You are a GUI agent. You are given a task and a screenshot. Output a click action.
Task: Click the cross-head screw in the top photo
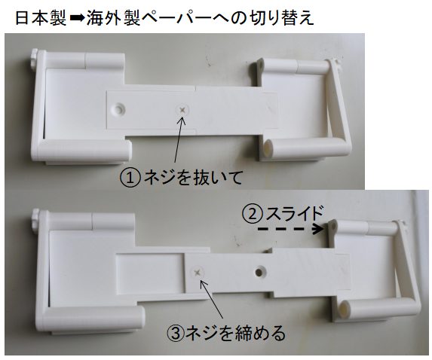tap(182, 110)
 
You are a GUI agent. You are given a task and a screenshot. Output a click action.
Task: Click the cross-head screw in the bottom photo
tap(198, 273)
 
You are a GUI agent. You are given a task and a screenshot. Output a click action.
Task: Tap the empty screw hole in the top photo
tap(118, 109)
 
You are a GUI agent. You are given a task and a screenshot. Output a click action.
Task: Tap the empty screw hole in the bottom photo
tap(259, 273)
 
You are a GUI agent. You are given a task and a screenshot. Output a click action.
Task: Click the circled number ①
tap(130, 178)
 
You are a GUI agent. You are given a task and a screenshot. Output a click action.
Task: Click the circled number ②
tap(253, 215)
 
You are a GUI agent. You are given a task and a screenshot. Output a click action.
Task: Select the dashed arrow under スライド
tap(291, 229)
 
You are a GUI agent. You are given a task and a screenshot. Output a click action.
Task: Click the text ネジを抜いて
tap(193, 177)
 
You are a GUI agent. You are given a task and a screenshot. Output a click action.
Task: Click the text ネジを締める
tap(235, 333)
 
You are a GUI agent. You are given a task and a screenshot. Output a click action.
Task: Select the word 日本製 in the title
tap(41, 17)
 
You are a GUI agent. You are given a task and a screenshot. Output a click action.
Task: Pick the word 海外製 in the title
tap(114, 17)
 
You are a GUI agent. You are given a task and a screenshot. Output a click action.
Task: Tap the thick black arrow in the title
tap(77, 18)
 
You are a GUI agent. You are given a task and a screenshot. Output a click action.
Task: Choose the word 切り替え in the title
tap(281, 17)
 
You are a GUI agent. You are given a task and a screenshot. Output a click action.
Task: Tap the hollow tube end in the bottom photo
tap(345, 309)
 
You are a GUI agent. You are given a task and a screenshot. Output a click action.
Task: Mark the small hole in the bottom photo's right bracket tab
tap(334, 227)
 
